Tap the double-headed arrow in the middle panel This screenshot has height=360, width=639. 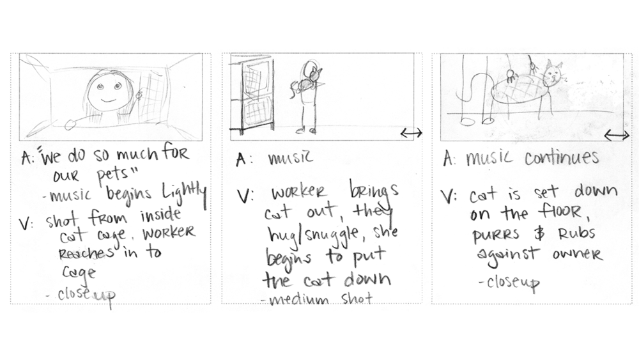pyautogui.click(x=411, y=132)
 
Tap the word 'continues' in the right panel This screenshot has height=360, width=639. pyautogui.click(x=563, y=158)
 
